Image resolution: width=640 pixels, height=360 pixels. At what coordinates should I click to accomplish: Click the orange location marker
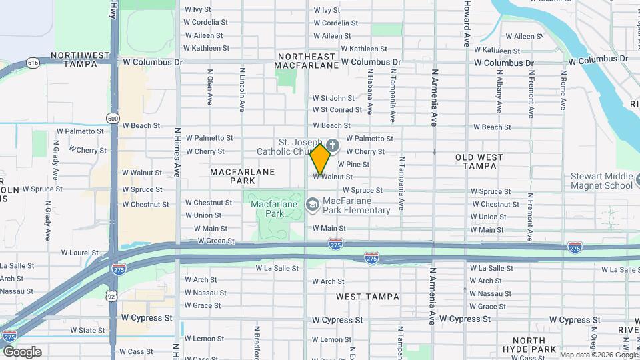(x=321, y=159)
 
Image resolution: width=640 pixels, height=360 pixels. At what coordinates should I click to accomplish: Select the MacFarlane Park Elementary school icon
(x=311, y=203)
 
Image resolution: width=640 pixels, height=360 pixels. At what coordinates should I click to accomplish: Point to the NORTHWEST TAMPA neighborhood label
(x=80, y=59)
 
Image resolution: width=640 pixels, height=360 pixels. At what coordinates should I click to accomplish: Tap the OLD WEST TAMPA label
(x=488, y=162)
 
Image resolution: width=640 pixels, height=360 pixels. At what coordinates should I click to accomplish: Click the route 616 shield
(x=33, y=63)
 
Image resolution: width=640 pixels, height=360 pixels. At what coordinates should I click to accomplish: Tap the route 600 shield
(x=113, y=118)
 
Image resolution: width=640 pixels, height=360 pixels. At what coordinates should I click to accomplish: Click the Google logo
(x=22, y=352)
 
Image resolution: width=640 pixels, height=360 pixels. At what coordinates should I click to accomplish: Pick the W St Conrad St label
(x=337, y=110)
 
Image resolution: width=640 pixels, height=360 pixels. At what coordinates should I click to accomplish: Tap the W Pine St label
(x=353, y=164)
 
